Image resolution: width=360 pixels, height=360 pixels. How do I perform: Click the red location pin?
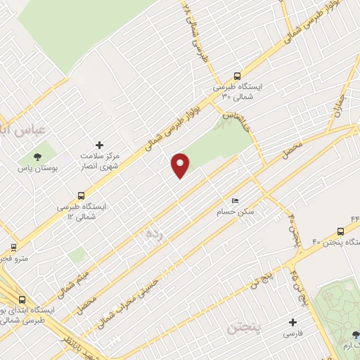coord(181,165)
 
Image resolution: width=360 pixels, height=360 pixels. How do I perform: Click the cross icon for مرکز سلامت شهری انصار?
coord(98,143)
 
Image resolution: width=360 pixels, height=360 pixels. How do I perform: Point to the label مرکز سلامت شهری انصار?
coord(98,161)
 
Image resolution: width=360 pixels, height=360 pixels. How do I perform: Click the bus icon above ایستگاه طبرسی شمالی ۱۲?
coord(82,195)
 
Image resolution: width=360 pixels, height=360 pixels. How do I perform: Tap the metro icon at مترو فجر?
coord(13,247)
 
